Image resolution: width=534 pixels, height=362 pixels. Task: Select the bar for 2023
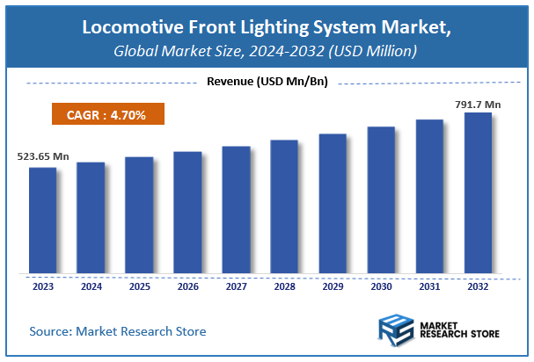coord(42,220)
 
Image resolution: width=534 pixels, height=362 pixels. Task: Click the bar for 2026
coord(187,212)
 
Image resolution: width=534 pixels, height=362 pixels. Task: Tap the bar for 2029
coord(333,203)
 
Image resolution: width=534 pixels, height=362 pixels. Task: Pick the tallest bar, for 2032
coord(478,192)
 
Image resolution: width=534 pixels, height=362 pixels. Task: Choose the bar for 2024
coord(91,217)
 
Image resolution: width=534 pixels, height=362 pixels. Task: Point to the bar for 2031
coord(429,196)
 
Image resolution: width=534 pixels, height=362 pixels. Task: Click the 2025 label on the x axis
coord(139,286)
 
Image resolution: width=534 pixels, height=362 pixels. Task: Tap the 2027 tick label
coord(236,286)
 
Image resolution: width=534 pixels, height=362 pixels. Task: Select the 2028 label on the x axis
coord(284,286)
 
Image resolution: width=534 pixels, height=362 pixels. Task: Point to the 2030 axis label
coord(381,286)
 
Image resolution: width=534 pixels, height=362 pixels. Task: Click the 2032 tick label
coord(478,286)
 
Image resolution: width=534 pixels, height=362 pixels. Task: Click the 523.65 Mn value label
coord(42,157)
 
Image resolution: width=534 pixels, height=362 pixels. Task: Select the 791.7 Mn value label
coord(477,103)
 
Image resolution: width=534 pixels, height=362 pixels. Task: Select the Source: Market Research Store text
coord(117,331)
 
